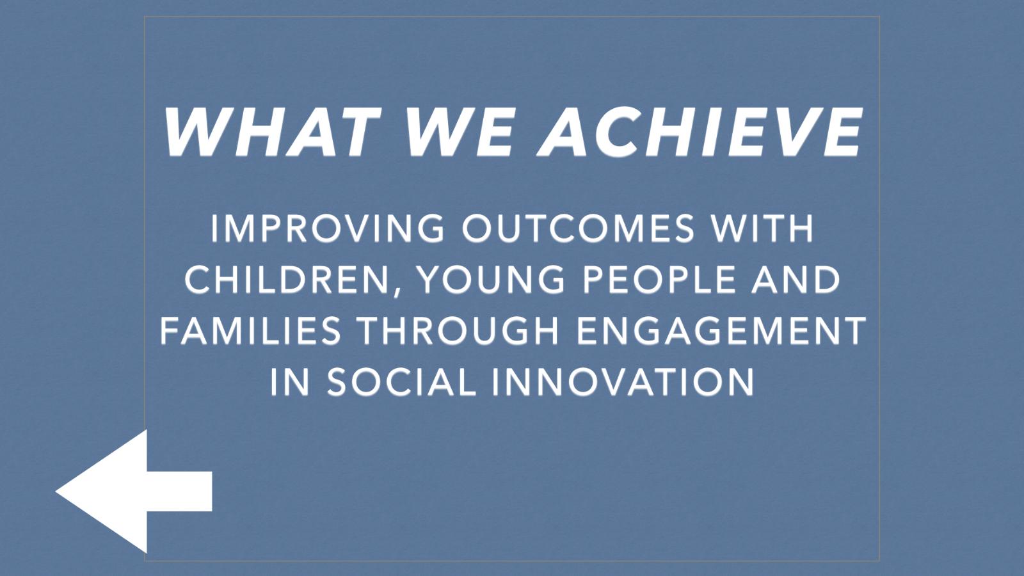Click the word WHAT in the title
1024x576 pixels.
tap(273, 132)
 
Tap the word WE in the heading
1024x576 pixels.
tap(460, 132)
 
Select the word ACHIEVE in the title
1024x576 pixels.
tap(700, 132)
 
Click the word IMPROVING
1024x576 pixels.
tap(327, 228)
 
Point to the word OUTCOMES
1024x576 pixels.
tap(579, 228)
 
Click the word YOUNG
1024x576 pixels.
tap(492, 279)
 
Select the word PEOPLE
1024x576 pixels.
tap(659, 279)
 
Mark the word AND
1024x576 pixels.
tap(796, 279)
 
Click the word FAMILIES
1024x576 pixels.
tap(250, 330)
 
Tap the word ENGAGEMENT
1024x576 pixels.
tap(721, 330)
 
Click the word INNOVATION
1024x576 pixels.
tap(623, 382)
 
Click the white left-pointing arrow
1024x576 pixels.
tap(134, 492)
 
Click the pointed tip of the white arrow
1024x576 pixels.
tap(56, 492)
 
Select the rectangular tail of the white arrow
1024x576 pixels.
tap(180, 492)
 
